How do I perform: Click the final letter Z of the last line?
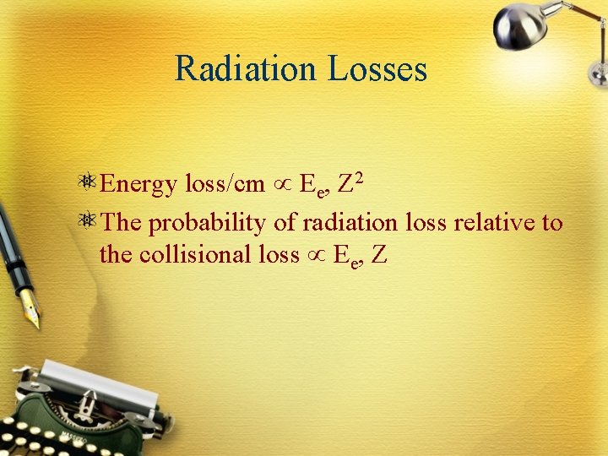(x=378, y=253)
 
